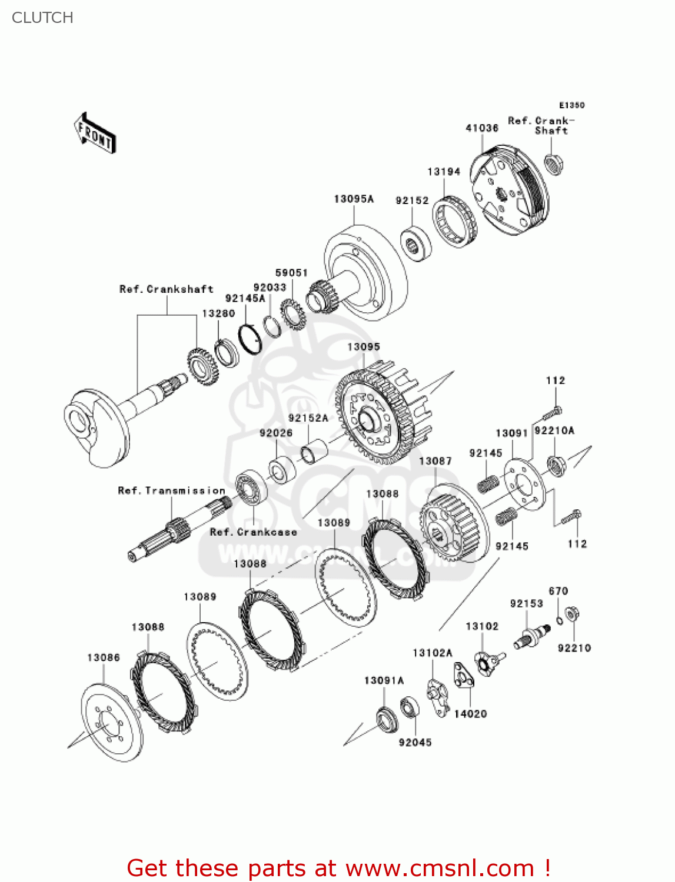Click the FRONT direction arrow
pyautogui.click(x=95, y=133)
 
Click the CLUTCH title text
pyautogui.click(x=42, y=18)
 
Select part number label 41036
pyautogui.click(x=482, y=128)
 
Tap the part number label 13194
pyautogui.click(x=444, y=172)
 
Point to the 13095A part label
pyautogui.click(x=354, y=199)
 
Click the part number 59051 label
pyautogui.click(x=291, y=273)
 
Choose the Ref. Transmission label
pyautogui.click(x=171, y=490)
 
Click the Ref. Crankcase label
pyautogui.click(x=254, y=532)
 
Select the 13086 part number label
pyautogui.click(x=104, y=657)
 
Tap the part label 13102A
pyautogui.click(x=433, y=653)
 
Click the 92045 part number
pyautogui.click(x=415, y=743)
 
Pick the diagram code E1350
pyautogui.click(x=571, y=105)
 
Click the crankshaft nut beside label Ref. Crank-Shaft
pyautogui.click(x=552, y=163)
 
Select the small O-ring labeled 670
pyautogui.click(x=559, y=620)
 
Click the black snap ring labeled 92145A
pyautogui.click(x=250, y=339)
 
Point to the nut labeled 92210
pyautogui.click(x=570, y=615)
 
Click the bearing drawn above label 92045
pyautogui.click(x=409, y=707)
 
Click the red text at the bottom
pyautogui.click(x=338, y=868)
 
